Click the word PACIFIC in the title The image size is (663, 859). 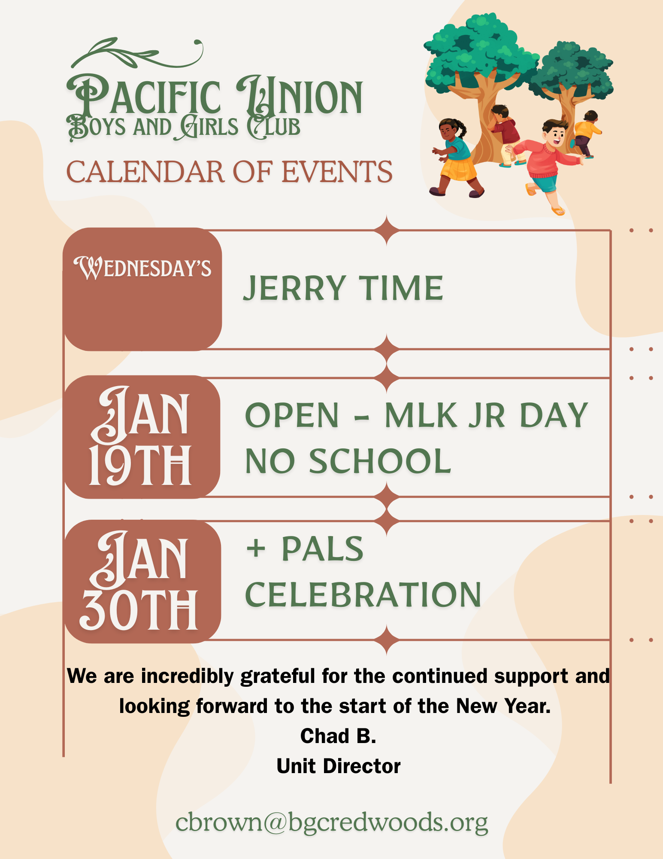[144, 96]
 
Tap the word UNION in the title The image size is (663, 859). [300, 96]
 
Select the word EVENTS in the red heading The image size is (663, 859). [337, 172]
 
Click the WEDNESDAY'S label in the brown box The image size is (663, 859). [142, 268]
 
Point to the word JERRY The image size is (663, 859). [294, 288]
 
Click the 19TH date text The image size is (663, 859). [140, 466]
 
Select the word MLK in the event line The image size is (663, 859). [421, 415]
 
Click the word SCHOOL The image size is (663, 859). [380, 461]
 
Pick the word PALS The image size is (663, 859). [323, 548]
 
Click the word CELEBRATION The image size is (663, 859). [363, 594]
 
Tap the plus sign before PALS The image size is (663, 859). [256, 548]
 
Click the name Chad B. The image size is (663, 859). [338, 736]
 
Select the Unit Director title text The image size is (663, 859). [339, 766]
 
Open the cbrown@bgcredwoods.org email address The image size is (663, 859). [332, 823]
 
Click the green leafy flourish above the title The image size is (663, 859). [137, 54]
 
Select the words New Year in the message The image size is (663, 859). [503, 706]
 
